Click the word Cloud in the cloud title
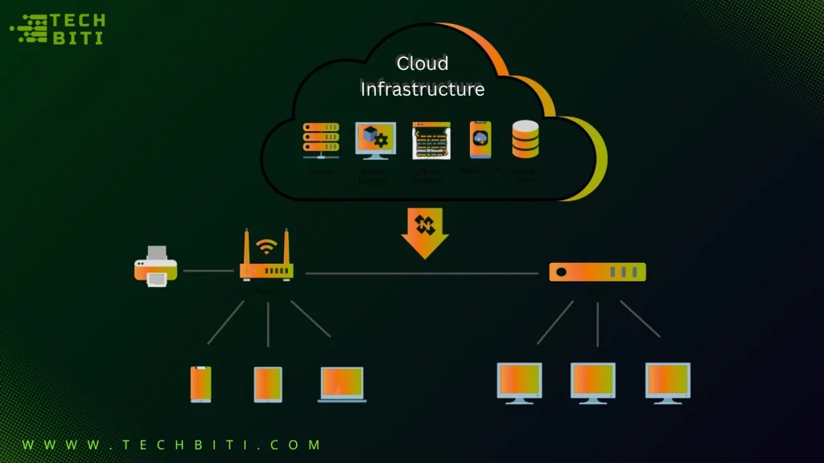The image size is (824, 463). (x=422, y=63)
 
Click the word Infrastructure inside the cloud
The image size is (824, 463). (x=422, y=88)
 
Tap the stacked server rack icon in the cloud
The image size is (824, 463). (x=320, y=141)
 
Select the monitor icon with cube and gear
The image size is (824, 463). (x=375, y=141)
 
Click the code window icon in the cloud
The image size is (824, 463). (x=430, y=141)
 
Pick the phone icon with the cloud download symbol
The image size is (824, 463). (x=480, y=140)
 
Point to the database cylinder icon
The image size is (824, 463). (x=525, y=139)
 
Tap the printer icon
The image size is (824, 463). (x=155, y=267)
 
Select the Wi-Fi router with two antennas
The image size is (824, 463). (x=266, y=259)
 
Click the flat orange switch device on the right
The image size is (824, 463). (x=597, y=272)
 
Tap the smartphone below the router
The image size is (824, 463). (x=200, y=384)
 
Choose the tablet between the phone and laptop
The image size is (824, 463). (x=268, y=384)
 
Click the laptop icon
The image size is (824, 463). (x=342, y=384)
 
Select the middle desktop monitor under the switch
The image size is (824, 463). (x=593, y=381)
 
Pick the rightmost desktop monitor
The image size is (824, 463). (x=667, y=381)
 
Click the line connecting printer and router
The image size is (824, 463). (x=208, y=271)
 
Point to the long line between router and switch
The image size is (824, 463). (x=422, y=273)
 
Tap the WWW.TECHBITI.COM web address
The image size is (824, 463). (x=171, y=445)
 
